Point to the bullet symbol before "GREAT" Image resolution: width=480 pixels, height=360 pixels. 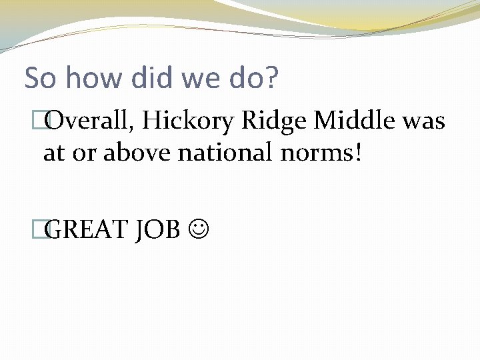(46, 229)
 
